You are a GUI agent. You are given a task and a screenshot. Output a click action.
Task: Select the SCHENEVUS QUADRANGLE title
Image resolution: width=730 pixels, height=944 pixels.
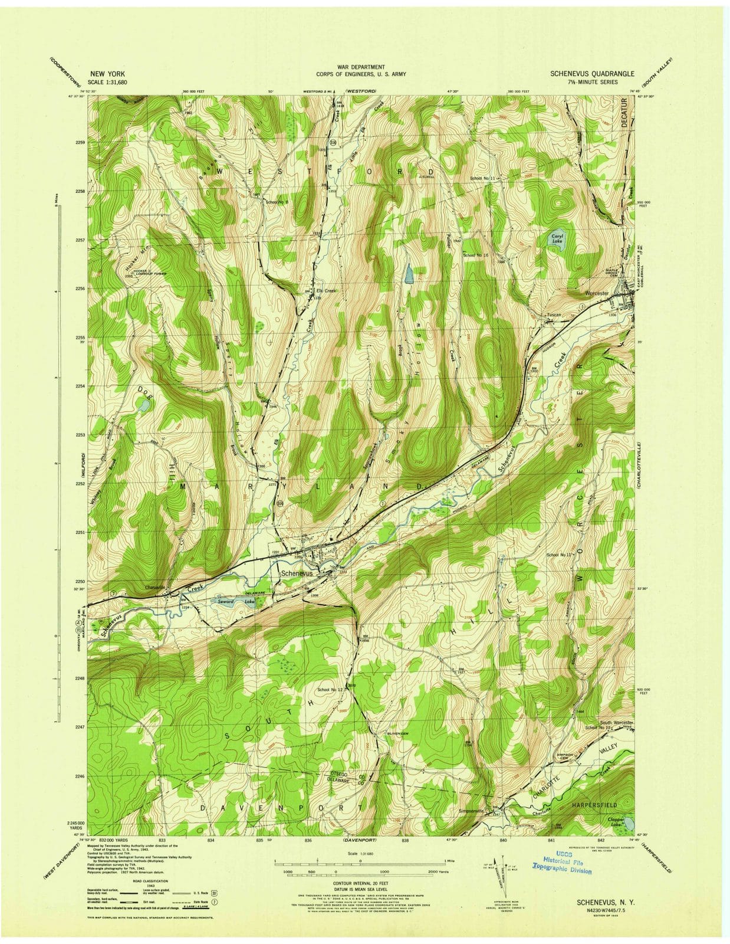591,74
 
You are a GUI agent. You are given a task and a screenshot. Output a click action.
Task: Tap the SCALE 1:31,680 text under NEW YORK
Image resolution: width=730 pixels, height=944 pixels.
107,83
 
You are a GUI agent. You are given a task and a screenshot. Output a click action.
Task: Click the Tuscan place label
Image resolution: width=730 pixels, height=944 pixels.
553,315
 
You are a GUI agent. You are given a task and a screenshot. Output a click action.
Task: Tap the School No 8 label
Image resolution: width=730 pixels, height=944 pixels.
277,202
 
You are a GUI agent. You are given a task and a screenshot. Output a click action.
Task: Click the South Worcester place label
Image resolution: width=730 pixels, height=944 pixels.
616,723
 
